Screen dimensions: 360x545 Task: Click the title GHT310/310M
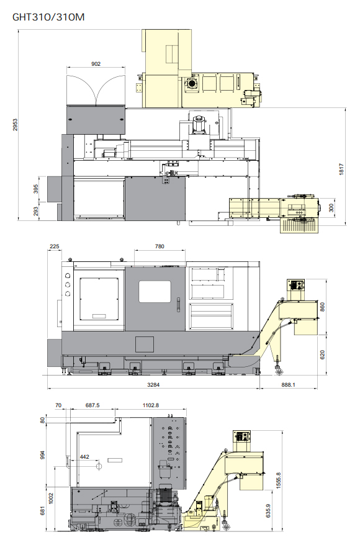[x=48, y=17]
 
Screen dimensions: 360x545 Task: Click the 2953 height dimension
[x=15, y=125]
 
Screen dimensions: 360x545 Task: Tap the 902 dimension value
[x=96, y=63]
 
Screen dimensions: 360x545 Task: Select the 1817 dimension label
[x=341, y=169]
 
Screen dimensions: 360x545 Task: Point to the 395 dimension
[x=36, y=189]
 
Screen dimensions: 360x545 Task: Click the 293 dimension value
[x=36, y=211]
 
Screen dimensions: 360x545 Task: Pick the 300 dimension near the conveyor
[x=331, y=208]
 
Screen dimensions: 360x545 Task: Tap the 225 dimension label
[x=55, y=246]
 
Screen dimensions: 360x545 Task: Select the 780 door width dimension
[x=160, y=246]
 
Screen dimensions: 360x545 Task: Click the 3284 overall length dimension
[x=153, y=384]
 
